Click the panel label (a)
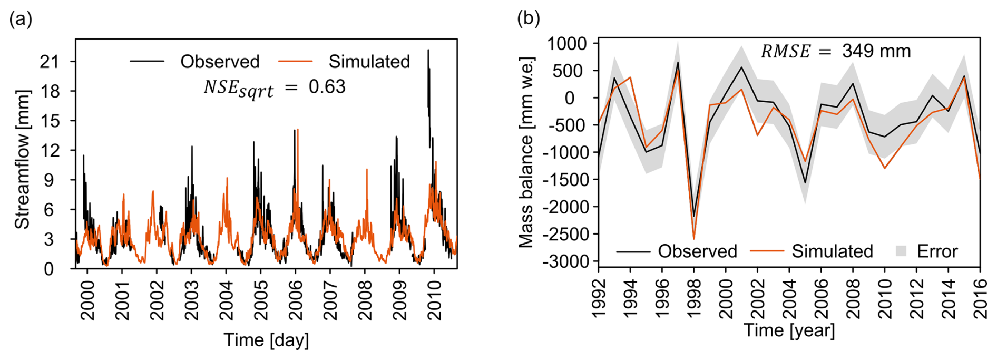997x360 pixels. coord(21,20)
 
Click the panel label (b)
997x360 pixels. coord(529,18)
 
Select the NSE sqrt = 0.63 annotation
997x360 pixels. coord(275,87)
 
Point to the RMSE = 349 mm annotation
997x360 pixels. coord(836,51)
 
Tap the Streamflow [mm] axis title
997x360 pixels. coord(22,159)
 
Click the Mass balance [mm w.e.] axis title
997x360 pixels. coord(526,152)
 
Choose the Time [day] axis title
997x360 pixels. coord(266,340)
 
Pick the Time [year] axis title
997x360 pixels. coord(789,330)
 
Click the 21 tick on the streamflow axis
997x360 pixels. coord(50,62)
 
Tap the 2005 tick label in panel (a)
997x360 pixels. coord(261,300)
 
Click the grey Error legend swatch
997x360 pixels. coord(901,251)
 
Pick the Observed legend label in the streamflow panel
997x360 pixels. coord(220,62)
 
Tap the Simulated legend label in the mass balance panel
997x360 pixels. coord(832,251)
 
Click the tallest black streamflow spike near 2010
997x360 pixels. coord(428,51)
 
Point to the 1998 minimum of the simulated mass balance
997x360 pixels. coord(694,239)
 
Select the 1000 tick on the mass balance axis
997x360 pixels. coord(567,44)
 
